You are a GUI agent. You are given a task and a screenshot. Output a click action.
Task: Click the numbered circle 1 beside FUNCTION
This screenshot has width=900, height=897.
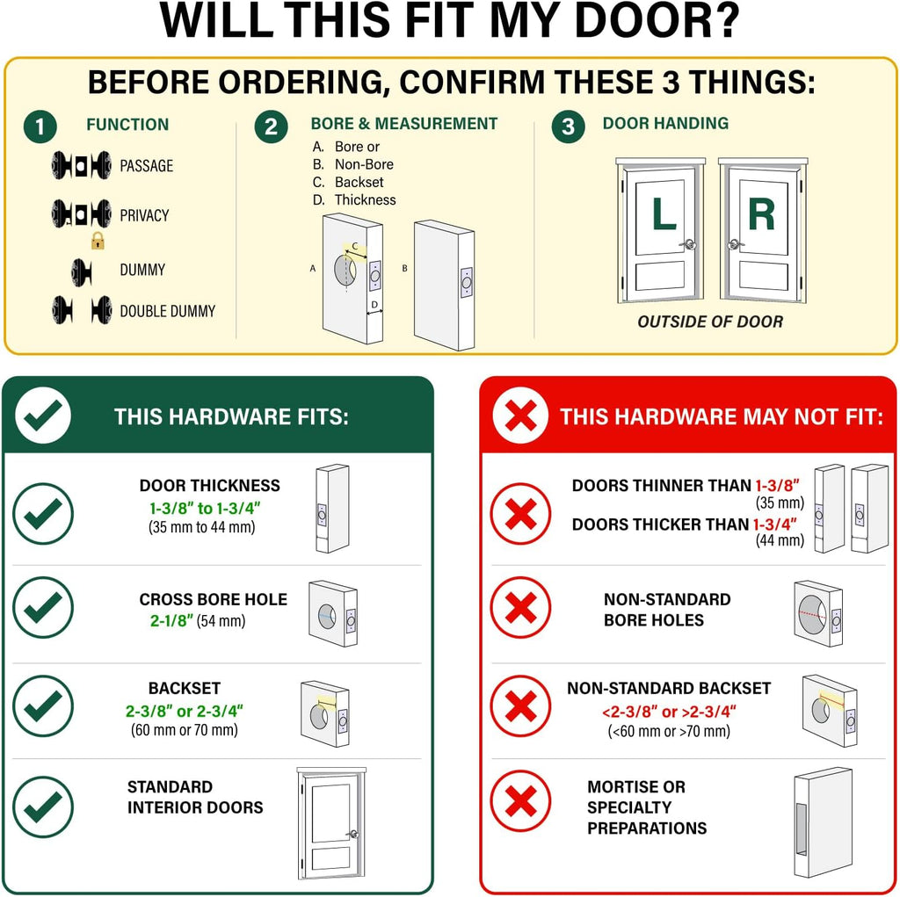coord(40,127)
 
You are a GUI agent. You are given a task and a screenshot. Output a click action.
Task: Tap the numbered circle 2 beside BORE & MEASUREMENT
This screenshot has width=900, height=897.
coord(271,127)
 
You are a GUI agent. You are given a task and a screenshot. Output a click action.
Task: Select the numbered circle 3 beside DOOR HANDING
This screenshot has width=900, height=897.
coord(569,127)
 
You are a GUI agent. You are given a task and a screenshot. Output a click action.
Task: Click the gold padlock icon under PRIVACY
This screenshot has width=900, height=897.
coord(98,241)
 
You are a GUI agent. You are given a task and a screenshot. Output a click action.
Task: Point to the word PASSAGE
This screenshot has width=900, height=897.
coord(147,166)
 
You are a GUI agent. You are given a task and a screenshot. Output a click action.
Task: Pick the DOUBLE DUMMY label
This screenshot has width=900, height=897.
coord(168,311)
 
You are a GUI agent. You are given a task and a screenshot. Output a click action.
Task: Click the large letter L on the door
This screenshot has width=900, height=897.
coord(664,213)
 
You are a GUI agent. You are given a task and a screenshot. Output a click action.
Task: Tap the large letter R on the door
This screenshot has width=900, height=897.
coord(761,213)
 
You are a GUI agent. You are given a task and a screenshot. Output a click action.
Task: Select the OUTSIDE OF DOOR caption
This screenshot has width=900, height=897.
coord(710,322)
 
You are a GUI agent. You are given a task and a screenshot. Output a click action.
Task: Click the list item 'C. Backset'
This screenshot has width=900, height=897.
coord(348,182)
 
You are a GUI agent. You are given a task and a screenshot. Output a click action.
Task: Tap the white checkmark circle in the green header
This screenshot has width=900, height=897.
coord(43,415)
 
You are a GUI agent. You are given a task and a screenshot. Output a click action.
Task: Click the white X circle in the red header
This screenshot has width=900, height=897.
coord(520,415)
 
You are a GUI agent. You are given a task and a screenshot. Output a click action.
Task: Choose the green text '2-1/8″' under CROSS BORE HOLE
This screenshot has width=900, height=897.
coord(171,620)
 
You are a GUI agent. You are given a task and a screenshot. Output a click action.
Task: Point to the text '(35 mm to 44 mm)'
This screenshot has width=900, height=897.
coord(201,527)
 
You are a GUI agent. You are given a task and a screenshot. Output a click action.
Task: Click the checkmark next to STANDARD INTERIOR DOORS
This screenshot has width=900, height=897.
coord(43,807)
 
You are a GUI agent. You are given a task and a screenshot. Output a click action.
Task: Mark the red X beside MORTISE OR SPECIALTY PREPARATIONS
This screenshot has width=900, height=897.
coord(520,800)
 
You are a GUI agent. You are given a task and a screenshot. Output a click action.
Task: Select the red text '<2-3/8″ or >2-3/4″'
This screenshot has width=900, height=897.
coord(669,712)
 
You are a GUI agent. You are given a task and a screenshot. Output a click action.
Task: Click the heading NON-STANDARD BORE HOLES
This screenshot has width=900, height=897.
coord(667,610)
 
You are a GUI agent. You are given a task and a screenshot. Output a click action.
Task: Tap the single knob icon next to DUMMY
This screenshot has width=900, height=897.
coord(82,272)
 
